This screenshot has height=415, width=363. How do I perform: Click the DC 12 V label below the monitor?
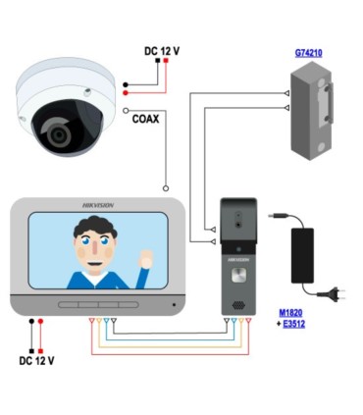[37, 360]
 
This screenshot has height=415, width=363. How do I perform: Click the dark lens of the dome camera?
[53, 130]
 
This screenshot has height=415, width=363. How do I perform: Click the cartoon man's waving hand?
[147, 260]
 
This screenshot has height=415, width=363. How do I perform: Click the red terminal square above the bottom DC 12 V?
[42, 321]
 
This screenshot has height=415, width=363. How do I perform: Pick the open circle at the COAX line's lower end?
[166, 186]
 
